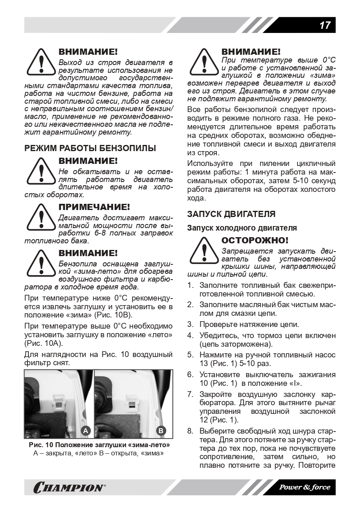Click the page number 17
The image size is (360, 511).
325,26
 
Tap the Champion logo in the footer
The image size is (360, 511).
69,488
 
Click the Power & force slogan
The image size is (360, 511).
304,487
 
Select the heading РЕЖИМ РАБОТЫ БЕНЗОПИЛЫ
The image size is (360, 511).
90,148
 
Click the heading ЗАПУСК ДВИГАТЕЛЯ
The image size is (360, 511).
231,214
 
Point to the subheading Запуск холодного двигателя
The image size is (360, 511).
242,228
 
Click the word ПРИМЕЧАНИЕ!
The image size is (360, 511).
94,207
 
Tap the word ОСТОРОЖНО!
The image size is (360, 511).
255,240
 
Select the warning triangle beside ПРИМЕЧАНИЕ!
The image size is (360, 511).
41,217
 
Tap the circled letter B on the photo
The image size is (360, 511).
161,431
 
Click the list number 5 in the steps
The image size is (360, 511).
190,355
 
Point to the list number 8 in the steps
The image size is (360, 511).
190,431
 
